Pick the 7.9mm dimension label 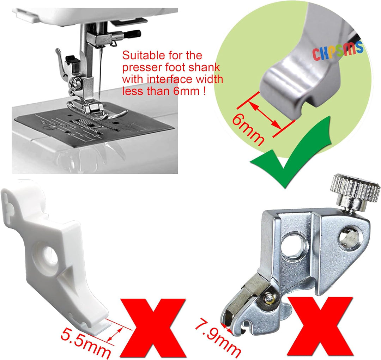click(x=218, y=338)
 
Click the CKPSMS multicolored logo click(x=338, y=51)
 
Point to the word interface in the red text click(x=170, y=79)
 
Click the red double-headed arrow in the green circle click(x=265, y=115)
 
